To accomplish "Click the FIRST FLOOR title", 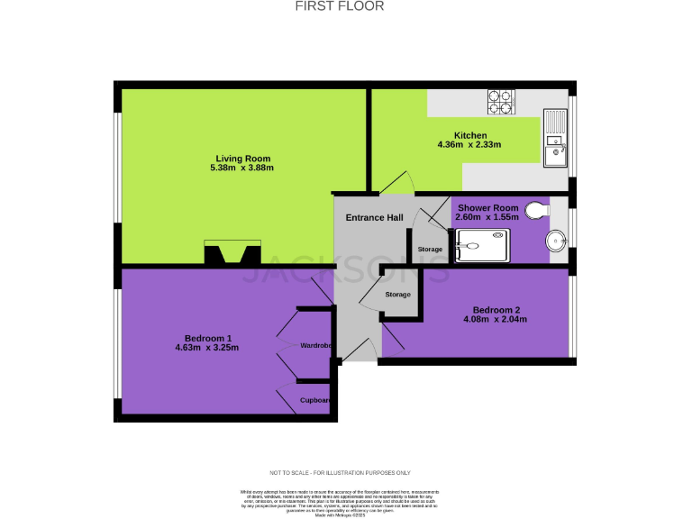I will pos(340,6).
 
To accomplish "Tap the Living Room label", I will pos(241,159).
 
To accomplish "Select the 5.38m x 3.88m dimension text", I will pos(241,168).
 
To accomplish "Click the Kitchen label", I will pos(469,136).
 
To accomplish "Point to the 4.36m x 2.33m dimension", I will pos(469,145).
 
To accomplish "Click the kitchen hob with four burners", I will pos(501,102).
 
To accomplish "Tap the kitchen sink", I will pos(554,139).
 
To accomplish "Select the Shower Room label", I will pos(487,208).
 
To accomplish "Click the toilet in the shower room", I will pos(538,209).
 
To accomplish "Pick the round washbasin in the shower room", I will pos(558,240).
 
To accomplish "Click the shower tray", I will pos(482,245).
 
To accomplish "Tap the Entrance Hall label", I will pos(375,218).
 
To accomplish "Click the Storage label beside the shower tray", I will pos(430,250).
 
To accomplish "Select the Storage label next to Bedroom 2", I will pos(397,295).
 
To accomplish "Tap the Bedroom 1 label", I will pos(209,338).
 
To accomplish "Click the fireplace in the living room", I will pos(232,253).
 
